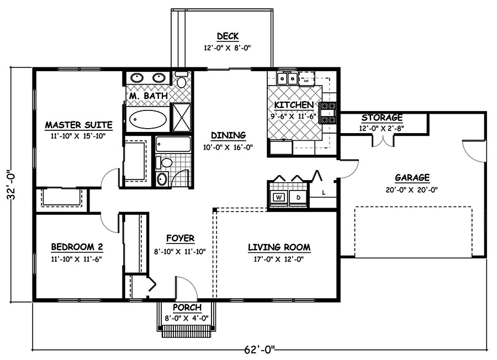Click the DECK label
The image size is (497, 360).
coord(227,36)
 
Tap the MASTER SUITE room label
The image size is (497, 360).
coord(78,124)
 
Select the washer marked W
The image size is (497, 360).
coord(278,197)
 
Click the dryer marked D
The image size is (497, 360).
coord(298,197)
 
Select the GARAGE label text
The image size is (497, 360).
coord(412,177)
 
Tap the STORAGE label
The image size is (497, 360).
coord(382,118)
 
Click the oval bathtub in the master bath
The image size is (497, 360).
coord(147,119)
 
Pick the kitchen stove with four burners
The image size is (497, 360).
coord(329,110)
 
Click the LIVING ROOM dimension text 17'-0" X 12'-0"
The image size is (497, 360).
coord(279,258)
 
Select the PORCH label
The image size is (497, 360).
coord(187,308)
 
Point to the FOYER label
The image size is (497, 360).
coord(180,239)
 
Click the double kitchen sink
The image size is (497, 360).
coord(287,79)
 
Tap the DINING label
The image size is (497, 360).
coord(228,135)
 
